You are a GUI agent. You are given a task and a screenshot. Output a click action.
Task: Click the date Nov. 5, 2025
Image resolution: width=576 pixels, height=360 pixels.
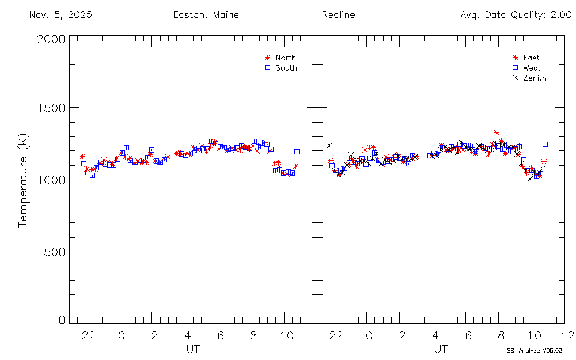coord(60,15)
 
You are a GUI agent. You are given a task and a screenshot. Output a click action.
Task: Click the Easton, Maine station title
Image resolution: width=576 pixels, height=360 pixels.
coord(206,15)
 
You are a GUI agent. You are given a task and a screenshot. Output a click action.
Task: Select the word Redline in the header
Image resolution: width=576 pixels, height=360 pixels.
coord(339,15)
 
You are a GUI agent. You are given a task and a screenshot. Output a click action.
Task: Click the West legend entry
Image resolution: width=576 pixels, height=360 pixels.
coord(532,68)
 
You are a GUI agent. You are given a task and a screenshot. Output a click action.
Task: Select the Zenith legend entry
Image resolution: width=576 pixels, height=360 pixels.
coord(535,78)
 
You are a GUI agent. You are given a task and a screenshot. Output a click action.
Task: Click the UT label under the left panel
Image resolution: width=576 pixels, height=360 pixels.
coord(193,349)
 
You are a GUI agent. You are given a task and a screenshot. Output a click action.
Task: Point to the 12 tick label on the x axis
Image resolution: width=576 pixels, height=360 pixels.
coord(567,335)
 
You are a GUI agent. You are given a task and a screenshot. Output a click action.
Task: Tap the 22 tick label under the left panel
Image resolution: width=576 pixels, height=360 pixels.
coord(88,335)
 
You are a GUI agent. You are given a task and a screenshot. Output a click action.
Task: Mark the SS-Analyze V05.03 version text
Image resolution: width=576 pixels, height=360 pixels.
coord(535,350)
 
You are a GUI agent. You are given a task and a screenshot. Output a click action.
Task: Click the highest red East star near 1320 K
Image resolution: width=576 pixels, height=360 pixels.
coord(497,133)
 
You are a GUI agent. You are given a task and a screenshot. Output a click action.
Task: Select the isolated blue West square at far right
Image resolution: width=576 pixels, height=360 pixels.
coord(545,144)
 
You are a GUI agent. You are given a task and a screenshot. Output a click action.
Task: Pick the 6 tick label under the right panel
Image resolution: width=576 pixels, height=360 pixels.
coord(468,335)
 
